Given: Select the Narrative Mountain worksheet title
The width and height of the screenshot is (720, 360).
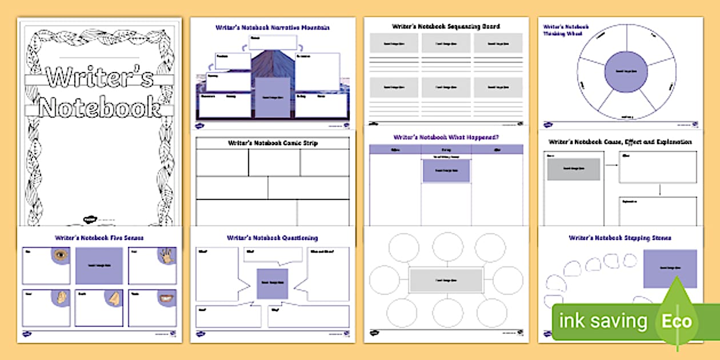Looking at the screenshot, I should tap(272, 27).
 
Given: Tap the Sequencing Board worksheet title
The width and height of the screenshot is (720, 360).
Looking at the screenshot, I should tap(446, 26).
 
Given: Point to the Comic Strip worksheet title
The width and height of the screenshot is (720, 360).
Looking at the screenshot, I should tap(273, 143).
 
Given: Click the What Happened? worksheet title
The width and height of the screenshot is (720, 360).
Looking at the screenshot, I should tap(446, 137).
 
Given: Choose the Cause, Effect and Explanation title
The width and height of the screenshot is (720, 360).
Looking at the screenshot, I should tap(620, 141).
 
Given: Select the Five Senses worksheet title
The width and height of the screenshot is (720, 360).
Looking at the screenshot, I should tap(99, 237).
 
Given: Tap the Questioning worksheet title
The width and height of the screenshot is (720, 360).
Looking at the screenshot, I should tap(272, 238).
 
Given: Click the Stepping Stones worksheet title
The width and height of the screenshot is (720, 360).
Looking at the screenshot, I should tap(620, 238).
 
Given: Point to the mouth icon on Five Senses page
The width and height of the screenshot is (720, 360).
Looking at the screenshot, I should tap(165, 298).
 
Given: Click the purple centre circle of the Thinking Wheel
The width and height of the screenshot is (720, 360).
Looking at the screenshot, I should tap(625, 71).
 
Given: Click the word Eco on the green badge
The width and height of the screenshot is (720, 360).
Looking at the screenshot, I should tap(677, 321).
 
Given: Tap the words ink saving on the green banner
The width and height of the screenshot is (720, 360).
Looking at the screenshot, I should tap(603, 321).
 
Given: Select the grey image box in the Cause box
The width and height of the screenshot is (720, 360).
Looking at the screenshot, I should tap(573, 169).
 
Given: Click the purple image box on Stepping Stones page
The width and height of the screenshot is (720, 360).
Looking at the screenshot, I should tap(670, 269).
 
